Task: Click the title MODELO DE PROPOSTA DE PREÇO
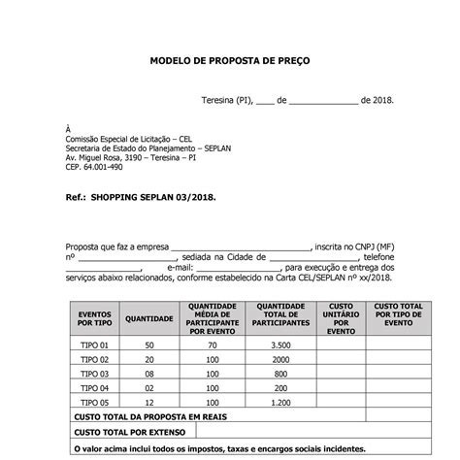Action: (x=230, y=60)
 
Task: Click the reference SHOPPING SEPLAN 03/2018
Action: (x=153, y=197)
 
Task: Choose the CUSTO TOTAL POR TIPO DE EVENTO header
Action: (x=397, y=318)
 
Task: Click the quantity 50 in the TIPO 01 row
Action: (x=148, y=345)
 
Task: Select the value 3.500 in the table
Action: (x=280, y=345)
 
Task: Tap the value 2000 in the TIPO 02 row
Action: (x=280, y=359)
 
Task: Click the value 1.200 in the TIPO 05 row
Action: (x=280, y=402)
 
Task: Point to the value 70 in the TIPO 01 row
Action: (x=211, y=345)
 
